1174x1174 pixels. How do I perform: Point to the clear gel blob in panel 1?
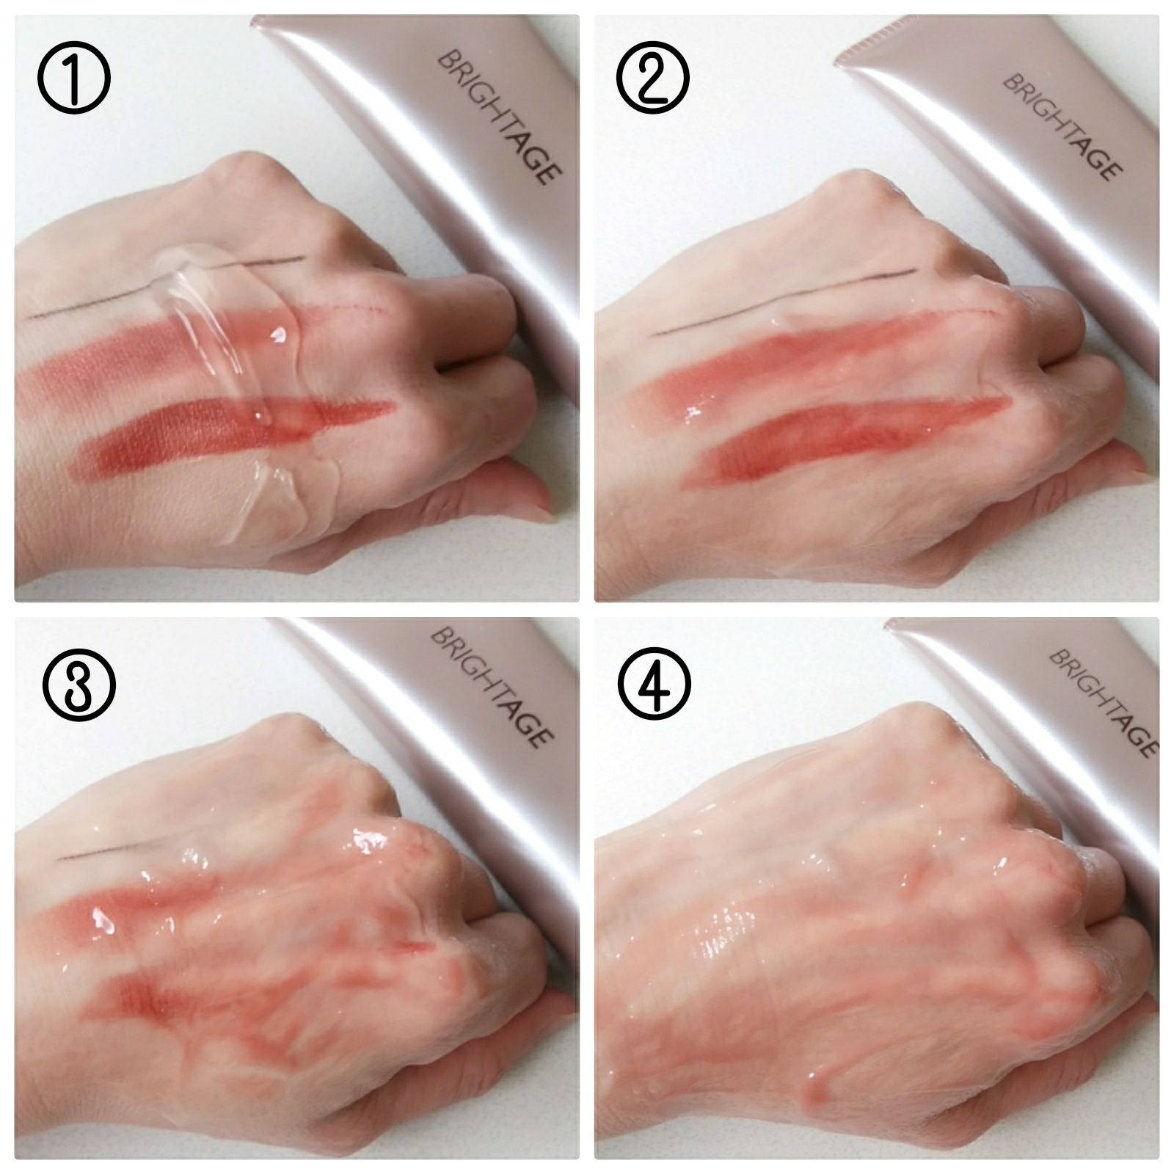coord(235,345)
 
